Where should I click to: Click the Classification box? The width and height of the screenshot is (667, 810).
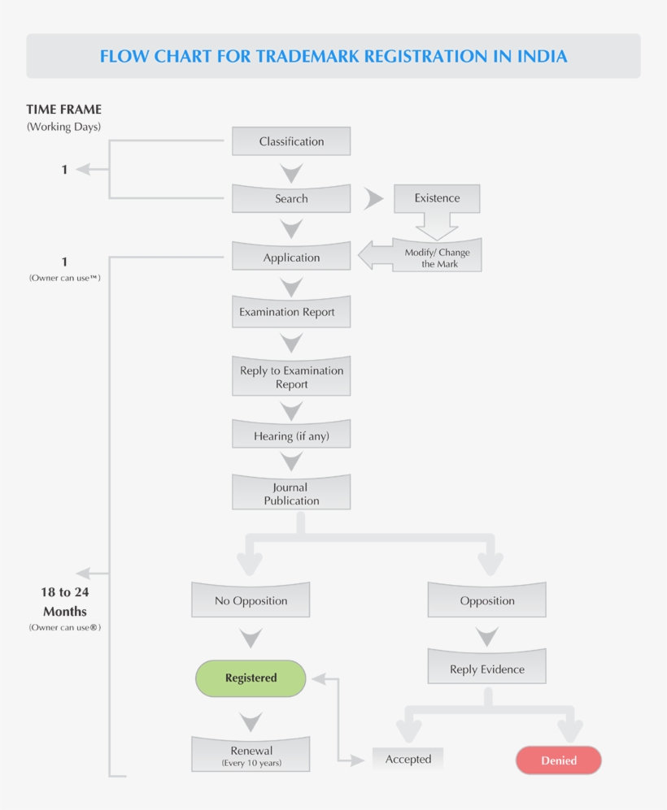tap(291, 141)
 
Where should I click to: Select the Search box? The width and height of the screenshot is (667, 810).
tap(291, 198)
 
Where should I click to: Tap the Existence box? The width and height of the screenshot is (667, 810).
tap(437, 198)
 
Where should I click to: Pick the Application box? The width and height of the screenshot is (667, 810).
tap(291, 258)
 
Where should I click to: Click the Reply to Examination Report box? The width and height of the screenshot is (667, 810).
tap(291, 377)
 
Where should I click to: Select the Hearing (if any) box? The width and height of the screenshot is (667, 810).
tap(291, 435)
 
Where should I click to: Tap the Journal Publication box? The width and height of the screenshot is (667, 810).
tap(291, 493)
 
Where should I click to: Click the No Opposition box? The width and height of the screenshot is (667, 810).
tap(251, 600)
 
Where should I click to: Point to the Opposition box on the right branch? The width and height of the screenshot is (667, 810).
tap(486, 600)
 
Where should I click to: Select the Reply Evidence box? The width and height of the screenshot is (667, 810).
tap(486, 669)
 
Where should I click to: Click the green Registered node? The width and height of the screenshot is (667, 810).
tap(251, 678)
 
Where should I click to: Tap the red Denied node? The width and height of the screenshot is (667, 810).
tap(558, 760)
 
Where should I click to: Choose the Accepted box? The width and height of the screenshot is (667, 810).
tap(408, 759)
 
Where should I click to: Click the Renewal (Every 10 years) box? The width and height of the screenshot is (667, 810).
tap(251, 755)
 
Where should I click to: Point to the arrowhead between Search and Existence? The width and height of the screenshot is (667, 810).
tap(373, 198)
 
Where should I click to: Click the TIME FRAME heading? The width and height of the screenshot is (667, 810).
tap(63, 109)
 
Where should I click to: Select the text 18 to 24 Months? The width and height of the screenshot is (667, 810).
tap(64, 601)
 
